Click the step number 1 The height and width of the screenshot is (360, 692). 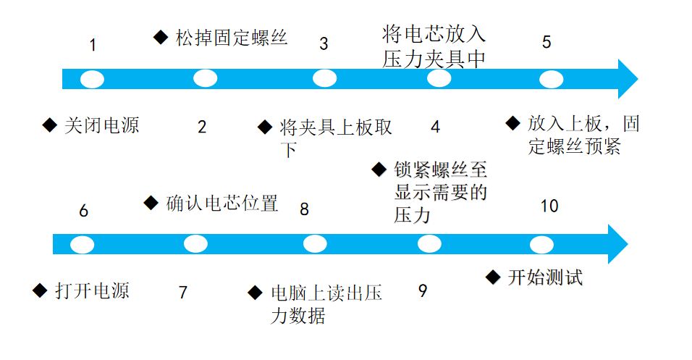pos(93,45)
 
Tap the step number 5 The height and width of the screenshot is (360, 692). pos(547,42)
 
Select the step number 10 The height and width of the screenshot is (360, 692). pos(549,206)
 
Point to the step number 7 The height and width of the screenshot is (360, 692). pos(183,293)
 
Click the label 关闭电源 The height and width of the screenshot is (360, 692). pos(101,125)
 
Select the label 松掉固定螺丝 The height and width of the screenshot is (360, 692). pos(231,38)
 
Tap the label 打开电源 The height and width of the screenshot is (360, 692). pos(92,291)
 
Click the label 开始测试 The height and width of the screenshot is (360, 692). pos(545,277)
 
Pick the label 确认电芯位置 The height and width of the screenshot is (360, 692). pos(221,204)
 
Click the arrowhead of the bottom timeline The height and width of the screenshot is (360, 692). pos(616,244)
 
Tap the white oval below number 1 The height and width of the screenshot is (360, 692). pos(92,79)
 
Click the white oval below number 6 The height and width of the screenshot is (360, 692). pos(83,244)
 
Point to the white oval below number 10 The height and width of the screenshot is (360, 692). pos(541,244)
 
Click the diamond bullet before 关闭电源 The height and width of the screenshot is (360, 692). pos(49,125)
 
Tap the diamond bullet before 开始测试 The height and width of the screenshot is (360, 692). pos(493,277)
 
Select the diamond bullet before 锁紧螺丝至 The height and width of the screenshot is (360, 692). pos(379,169)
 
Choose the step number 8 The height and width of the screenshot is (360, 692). pos(304,209)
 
